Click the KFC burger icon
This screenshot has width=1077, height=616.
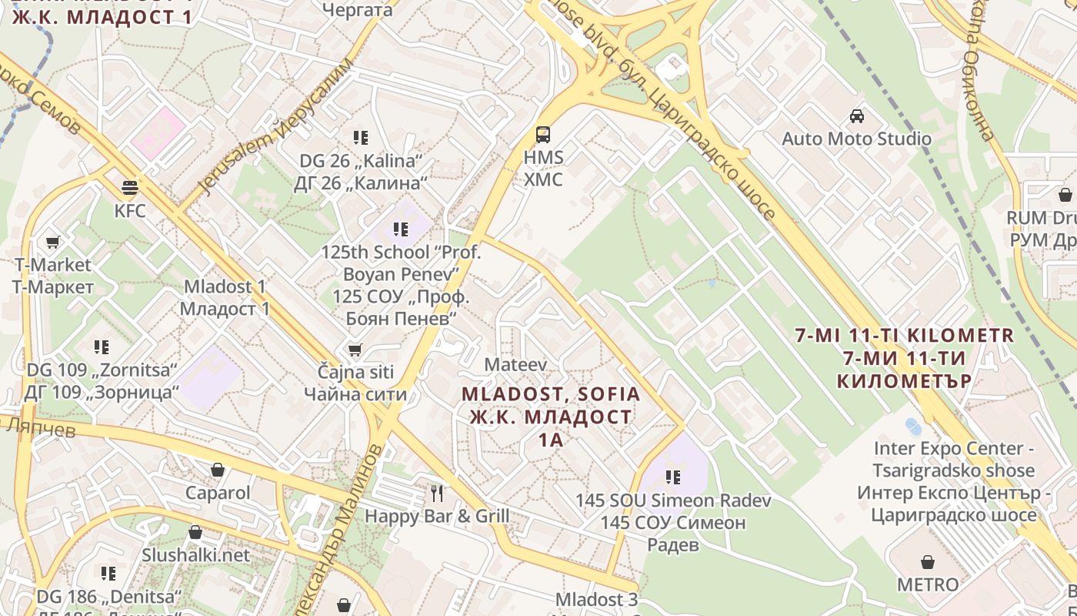coord(129,187)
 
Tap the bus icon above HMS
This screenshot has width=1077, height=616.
coord(543,134)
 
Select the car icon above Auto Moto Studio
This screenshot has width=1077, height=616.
coord(856,116)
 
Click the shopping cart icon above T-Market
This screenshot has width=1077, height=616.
coord(52,243)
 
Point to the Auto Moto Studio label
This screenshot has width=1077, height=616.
coord(856,139)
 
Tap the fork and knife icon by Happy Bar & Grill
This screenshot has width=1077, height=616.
coord(437,493)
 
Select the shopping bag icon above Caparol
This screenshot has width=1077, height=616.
coord(218,470)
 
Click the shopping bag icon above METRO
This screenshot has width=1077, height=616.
coord(928,561)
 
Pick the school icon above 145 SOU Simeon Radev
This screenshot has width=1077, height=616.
coord(673,477)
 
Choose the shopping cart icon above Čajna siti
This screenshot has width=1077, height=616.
coord(355,350)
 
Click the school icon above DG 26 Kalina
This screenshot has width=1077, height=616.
coord(360,138)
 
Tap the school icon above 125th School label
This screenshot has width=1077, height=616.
coord(400,229)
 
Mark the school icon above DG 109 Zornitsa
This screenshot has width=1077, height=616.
coord(101,346)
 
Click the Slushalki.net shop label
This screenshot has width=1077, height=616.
coord(195,555)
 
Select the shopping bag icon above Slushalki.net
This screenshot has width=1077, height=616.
coord(195,532)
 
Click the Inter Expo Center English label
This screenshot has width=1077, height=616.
coord(954,459)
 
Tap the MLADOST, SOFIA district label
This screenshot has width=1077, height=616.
coord(550,394)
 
